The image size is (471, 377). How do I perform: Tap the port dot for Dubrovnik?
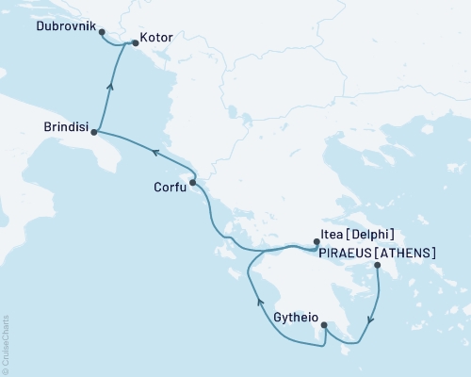tap(102, 31)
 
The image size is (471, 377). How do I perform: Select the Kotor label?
tap(155, 41)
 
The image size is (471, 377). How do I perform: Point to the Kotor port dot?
tap(130, 41)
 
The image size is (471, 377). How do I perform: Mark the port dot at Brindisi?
tap(93, 134)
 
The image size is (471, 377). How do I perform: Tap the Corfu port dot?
tap(192, 183)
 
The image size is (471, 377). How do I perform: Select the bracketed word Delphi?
tap(374, 235)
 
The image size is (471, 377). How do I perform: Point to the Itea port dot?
tap(317, 242)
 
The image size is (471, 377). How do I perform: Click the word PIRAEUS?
tap(344, 253)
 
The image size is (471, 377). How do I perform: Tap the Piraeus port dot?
tap(378, 266)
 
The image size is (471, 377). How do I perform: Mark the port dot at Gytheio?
tap(325, 325)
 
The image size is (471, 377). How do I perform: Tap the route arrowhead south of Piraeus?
tap(370, 318)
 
